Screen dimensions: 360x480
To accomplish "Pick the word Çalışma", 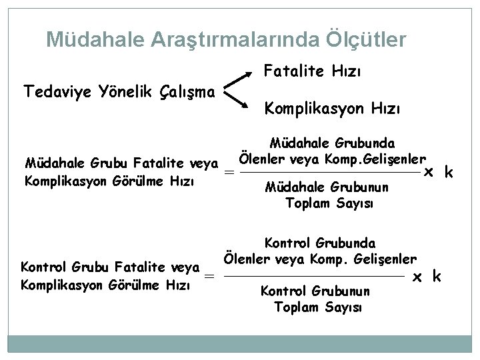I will [189, 91].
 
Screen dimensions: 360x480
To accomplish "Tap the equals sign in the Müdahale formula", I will [229, 172].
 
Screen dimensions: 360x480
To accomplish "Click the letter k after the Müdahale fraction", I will [449, 173].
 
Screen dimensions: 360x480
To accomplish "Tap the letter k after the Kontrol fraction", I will [437, 276].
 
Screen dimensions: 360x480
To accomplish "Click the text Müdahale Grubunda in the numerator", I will [331, 143].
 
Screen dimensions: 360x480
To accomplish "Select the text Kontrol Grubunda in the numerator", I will [321, 244].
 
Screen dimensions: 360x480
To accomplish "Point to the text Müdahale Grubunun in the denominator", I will [327, 188].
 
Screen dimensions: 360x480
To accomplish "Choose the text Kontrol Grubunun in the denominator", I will [315, 291].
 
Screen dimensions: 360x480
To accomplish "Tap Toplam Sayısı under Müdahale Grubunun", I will [329, 203].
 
